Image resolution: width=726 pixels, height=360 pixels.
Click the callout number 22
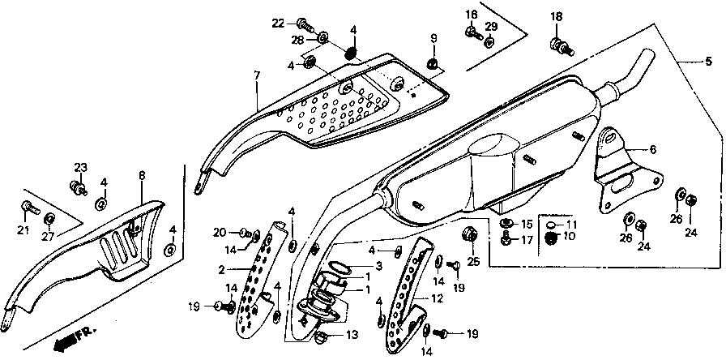[278, 22]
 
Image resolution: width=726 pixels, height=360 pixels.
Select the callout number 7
[256, 75]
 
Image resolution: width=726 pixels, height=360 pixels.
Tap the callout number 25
[474, 260]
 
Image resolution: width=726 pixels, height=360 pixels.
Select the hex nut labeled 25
[468, 236]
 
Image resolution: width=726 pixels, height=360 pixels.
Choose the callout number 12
[437, 298]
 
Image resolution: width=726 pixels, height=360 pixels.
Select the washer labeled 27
[49, 218]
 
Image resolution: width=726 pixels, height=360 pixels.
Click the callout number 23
[81, 168]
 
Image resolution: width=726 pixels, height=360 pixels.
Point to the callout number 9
[433, 39]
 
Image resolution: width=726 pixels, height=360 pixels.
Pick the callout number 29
[491, 27]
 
